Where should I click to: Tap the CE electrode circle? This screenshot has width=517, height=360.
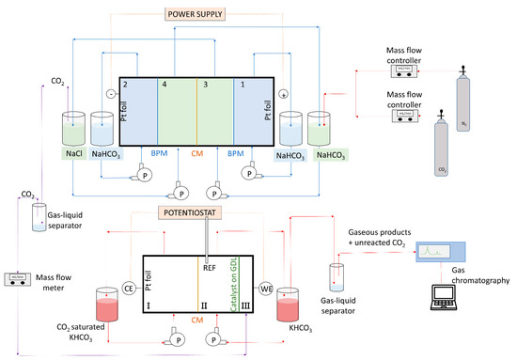130,287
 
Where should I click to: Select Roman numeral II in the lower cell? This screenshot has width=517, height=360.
203,305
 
